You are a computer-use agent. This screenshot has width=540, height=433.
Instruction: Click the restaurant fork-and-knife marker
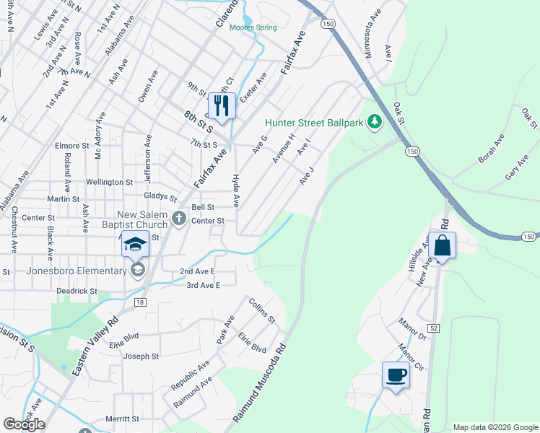(x=222, y=106)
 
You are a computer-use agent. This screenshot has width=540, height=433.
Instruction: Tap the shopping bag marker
(x=443, y=245)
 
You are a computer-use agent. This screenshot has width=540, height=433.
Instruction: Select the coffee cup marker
(x=396, y=375)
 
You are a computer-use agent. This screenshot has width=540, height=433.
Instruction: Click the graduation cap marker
(x=135, y=245)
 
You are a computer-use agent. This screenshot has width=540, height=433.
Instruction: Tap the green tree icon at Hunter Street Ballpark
(x=374, y=123)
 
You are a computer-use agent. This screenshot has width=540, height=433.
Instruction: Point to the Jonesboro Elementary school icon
(x=138, y=271)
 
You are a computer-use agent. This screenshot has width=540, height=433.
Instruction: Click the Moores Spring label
(x=253, y=28)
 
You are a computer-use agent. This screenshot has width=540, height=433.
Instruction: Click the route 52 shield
(x=433, y=328)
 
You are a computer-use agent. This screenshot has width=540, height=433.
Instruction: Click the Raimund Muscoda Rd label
(x=260, y=382)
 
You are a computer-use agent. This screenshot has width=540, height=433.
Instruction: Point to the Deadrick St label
(x=77, y=291)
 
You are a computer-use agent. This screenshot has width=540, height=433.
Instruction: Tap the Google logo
(x=24, y=424)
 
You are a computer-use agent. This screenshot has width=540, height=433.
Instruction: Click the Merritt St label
(x=121, y=419)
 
